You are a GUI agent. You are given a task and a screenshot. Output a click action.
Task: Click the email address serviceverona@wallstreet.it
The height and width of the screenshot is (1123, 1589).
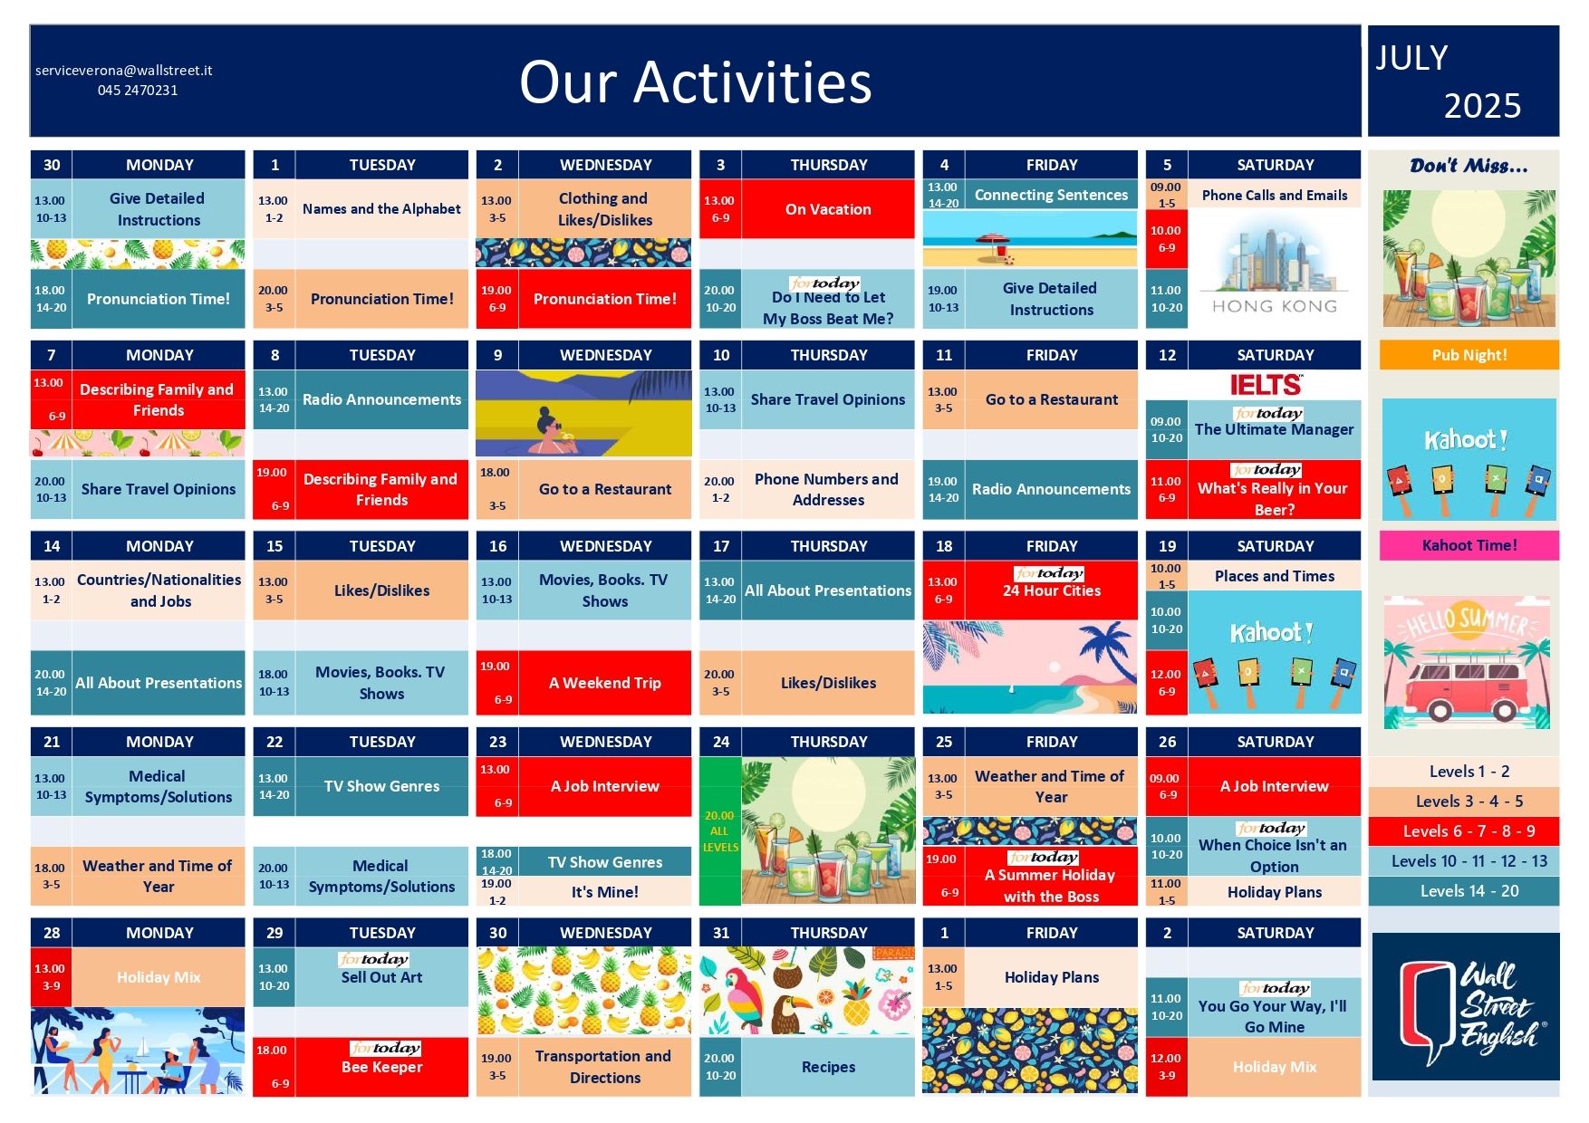click(124, 71)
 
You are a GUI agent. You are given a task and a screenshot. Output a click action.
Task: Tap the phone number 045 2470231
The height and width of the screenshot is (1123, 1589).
click(138, 91)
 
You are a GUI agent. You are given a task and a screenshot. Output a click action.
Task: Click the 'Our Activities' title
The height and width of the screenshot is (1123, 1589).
click(695, 82)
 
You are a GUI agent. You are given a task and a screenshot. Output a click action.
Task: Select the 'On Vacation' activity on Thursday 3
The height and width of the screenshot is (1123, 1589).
click(828, 209)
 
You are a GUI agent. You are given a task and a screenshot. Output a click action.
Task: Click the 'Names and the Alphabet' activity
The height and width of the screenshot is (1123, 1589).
click(381, 209)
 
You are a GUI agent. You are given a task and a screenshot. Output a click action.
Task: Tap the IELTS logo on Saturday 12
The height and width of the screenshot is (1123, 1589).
click(1266, 385)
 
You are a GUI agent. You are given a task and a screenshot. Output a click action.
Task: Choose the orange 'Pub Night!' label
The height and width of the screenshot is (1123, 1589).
click(1469, 355)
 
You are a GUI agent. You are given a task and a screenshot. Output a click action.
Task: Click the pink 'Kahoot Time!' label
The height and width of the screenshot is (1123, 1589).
click(1469, 545)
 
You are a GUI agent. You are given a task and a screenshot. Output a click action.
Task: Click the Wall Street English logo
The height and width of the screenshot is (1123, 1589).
click(1466, 1006)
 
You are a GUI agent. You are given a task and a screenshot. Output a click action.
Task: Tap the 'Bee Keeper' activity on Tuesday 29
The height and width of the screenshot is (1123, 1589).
click(381, 1067)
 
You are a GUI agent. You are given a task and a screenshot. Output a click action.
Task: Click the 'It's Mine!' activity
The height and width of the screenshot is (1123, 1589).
click(604, 892)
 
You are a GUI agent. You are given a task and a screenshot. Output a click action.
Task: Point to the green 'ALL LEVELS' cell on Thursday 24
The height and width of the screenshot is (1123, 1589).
click(720, 831)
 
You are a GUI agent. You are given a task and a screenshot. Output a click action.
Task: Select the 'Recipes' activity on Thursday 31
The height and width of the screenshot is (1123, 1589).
click(828, 1067)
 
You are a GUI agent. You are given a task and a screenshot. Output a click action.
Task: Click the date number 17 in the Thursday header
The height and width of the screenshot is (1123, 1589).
click(721, 546)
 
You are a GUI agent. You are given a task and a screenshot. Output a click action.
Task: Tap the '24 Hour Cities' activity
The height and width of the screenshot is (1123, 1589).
click(1052, 590)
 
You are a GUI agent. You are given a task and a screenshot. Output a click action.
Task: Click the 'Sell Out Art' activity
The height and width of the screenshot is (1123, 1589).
click(381, 977)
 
